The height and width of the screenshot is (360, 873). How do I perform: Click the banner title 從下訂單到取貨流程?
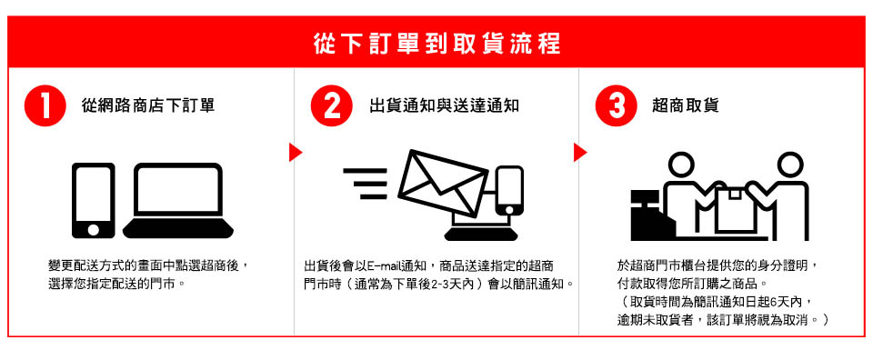tap(436, 44)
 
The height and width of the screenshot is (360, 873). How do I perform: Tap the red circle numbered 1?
tap(45, 106)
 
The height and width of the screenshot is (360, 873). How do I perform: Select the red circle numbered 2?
tap(332, 106)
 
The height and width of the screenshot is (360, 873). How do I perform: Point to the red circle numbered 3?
tap(617, 106)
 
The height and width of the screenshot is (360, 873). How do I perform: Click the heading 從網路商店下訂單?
tap(147, 105)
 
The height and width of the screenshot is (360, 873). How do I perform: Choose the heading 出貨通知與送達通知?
tap(444, 105)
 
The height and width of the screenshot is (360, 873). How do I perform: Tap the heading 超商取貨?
tap(686, 105)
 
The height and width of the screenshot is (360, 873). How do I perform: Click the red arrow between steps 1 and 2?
tap(295, 153)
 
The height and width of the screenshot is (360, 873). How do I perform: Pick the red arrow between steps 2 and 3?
tap(580, 153)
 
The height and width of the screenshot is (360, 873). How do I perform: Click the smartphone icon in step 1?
tap(94, 200)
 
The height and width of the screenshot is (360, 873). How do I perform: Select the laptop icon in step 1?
tap(178, 200)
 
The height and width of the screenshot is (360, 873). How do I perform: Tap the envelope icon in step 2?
tap(443, 183)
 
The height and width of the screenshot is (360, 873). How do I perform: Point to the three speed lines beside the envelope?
tap(365, 183)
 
